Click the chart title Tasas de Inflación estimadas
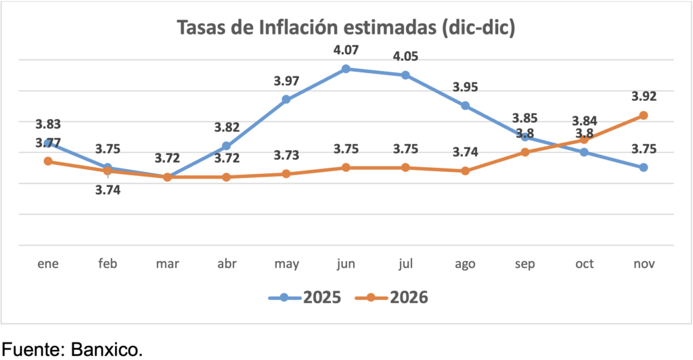346,28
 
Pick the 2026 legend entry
399,297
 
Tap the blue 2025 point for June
346,69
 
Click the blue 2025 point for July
405,75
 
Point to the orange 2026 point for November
644,116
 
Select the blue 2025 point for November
644,167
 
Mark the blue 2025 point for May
286,99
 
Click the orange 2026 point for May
286,174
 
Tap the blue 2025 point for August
465,106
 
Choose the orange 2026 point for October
584,139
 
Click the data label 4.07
345,50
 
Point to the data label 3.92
644,96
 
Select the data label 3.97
286,81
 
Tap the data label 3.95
465,87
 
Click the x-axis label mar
167,264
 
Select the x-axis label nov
644,264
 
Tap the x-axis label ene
48,264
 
